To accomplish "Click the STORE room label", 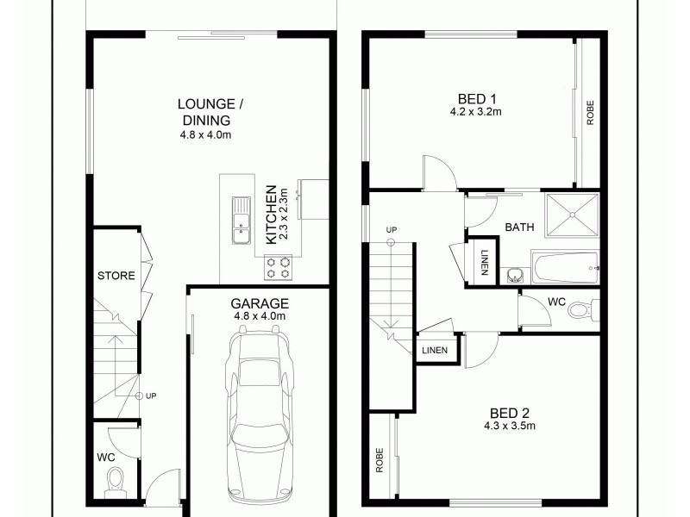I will pyautogui.click(x=115, y=277).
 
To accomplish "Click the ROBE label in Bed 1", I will pyautogui.click(x=591, y=115).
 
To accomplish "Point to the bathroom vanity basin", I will pyautogui.click(x=515, y=275).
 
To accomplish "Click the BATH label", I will pyautogui.click(x=519, y=227).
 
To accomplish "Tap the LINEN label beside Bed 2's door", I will pyautogui.click(x=435, y=350).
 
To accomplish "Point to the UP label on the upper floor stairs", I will pyautogui.click(x=392, y=230).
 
